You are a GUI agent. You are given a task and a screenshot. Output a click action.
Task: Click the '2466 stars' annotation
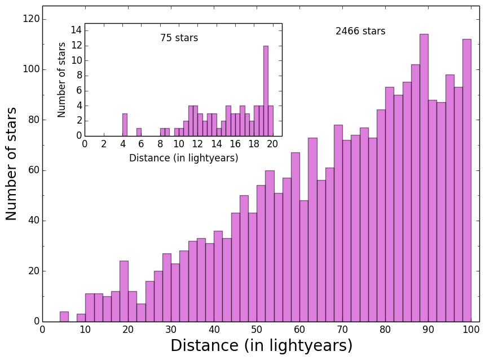[x=360, y=32]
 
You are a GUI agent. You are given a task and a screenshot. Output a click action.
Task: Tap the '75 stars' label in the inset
[x=179, y=38]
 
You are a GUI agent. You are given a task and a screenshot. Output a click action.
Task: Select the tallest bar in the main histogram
[x=424, y=178]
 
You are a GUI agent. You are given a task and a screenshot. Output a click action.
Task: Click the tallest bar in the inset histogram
[x=266, y=91]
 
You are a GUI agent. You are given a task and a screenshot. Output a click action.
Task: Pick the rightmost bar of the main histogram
[x=466, y=181]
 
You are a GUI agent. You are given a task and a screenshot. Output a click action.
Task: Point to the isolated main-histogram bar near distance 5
[x=64, y=317]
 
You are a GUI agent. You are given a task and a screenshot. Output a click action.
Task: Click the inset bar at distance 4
[x=125, y=125]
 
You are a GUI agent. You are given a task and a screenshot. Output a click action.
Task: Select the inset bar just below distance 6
[x=139, y=132]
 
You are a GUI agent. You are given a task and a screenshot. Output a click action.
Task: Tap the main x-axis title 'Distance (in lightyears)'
[x=261, y=346]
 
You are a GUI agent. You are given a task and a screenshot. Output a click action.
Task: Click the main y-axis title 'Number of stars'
[x=12, y=164]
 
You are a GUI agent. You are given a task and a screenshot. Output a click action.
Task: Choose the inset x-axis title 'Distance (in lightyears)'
[x=183, y=159]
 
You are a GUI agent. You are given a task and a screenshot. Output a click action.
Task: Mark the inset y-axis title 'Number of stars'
[x=62, y=80]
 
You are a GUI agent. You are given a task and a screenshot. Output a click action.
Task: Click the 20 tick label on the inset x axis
[x=272, y=144]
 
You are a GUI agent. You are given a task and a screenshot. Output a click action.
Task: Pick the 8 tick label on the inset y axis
[x=78, y=76]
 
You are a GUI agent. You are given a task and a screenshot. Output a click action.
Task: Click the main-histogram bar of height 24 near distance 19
[x=124, y=291]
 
